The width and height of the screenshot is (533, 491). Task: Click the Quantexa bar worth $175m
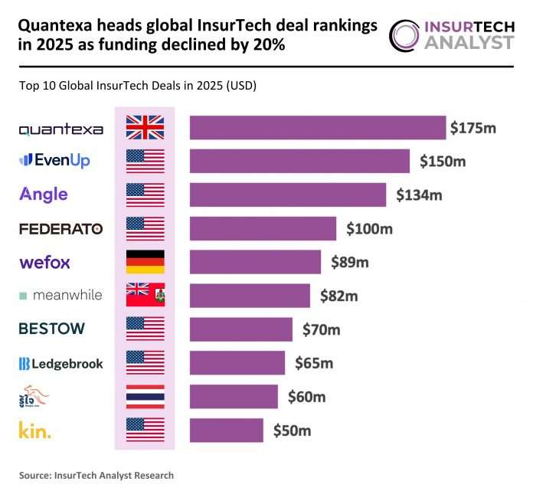317,128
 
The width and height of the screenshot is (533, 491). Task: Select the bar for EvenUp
299,161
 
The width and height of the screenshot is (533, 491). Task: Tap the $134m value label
419,195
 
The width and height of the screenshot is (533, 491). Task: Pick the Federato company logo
60,228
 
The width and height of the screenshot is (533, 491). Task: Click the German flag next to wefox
145,262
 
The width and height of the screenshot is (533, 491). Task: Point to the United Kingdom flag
145,128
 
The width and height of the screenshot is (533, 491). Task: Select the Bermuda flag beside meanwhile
145,296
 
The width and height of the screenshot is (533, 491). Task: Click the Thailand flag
145,397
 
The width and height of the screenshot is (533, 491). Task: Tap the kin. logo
34,430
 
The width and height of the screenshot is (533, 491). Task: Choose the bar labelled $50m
226,430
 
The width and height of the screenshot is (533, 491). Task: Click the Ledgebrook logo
60,363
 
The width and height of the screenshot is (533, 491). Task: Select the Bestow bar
240,329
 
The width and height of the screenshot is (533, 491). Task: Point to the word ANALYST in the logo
469,42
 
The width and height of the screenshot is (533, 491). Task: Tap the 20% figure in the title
262,45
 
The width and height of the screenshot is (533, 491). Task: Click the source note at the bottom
96,476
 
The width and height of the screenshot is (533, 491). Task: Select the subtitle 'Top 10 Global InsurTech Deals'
138,86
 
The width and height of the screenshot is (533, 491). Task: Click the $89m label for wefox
350,262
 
